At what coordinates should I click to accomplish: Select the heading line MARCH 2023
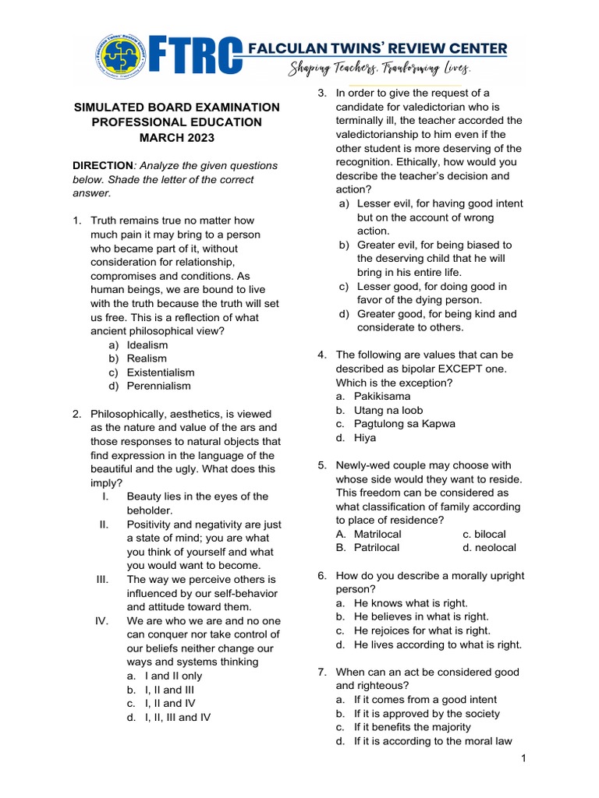[x=176, y=138]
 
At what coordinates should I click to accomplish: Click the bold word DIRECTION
[x=102, y=166]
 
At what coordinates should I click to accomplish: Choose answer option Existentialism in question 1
[x=161, y=373]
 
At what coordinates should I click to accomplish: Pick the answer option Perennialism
[x=158, y=386]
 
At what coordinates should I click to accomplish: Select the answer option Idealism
[x=147, y=344]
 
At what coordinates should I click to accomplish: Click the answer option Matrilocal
[x=377, y=534]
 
